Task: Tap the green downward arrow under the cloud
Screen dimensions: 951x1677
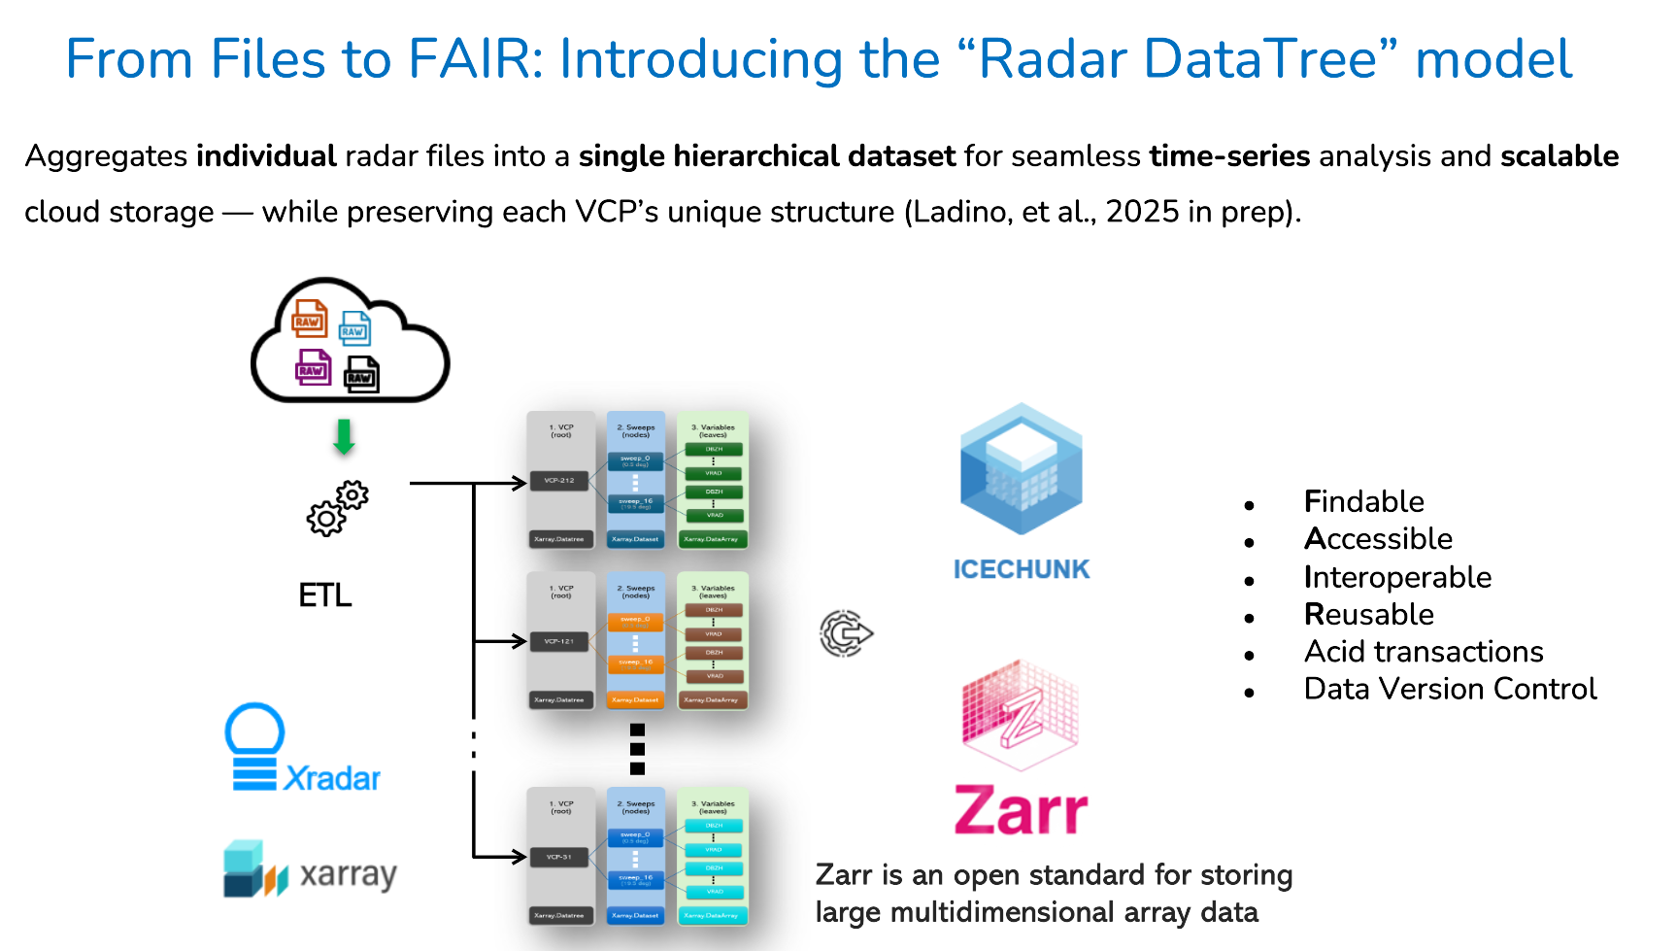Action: tap(344, 437)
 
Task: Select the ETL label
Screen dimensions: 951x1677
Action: tap(325, 594)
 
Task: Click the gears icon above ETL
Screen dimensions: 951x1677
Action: tap(337, 508)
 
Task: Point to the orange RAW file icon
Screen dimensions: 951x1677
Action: tap(309, 320)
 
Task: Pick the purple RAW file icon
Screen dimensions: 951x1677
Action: tap(313, 368)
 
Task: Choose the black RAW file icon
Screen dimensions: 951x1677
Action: tap(361, 375)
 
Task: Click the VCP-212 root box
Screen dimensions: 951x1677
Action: tap(559, 480)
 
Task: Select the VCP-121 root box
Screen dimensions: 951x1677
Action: tap(559, 641)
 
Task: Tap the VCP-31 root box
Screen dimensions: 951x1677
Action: tap(559, 857)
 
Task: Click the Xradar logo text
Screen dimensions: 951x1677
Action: tap(332, 778)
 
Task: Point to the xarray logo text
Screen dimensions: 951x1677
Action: tap(348, 874)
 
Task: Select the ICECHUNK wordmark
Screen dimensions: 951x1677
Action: tap(1022, 569)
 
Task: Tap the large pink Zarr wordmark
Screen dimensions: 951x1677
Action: tap(1021, 811)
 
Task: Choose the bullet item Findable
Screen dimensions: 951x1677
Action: tap(1364, 501)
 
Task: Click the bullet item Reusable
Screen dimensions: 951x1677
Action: tap(1369, 614)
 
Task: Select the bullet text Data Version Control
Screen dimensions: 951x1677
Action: tap(1450, 689)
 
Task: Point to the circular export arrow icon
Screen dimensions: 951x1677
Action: tap(846, 633)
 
